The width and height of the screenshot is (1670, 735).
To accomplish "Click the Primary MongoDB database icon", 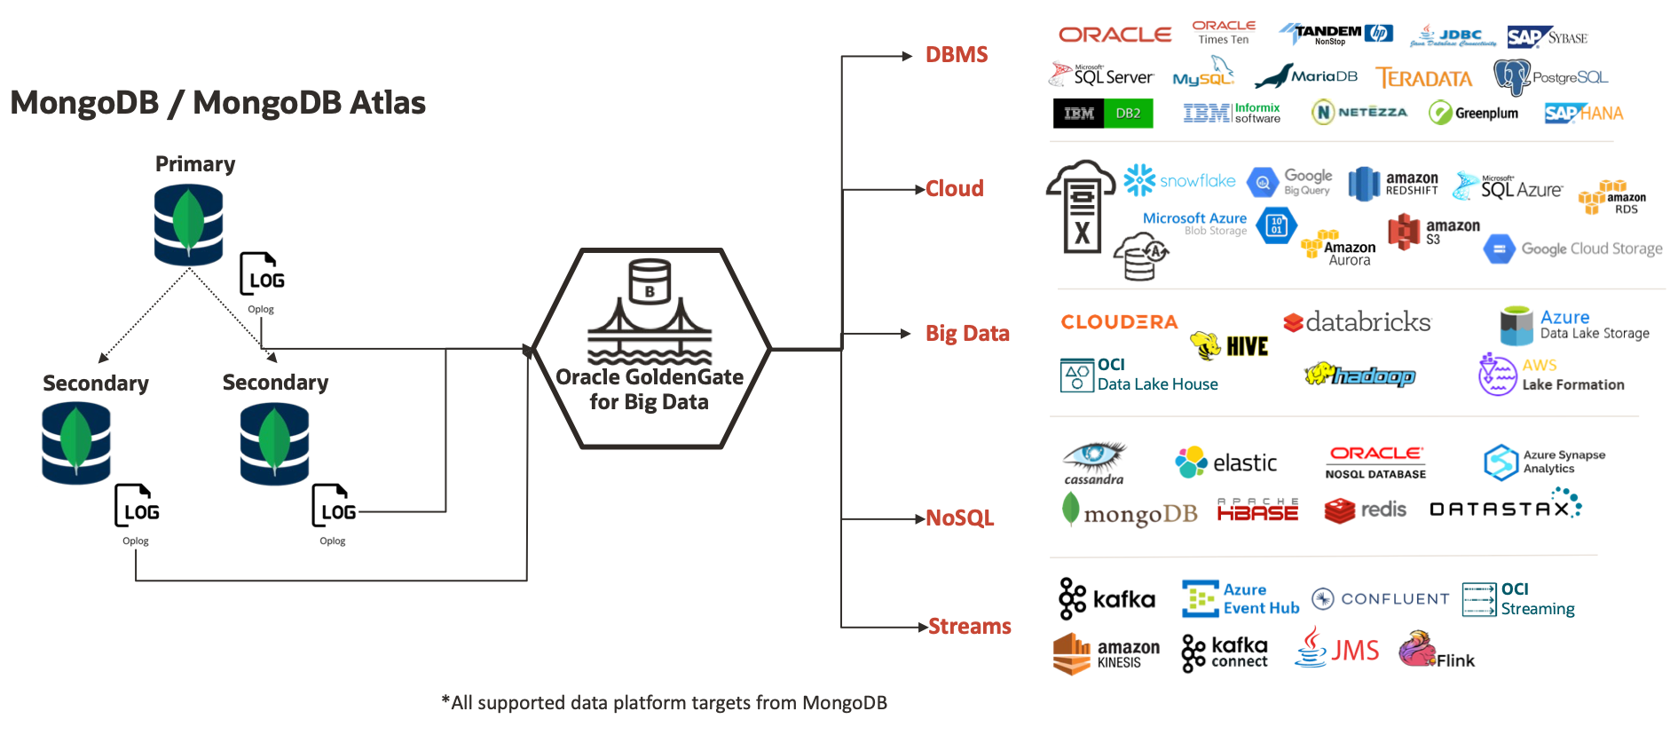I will coord(188,225).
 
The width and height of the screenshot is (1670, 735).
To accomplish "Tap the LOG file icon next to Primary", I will coord(262,274).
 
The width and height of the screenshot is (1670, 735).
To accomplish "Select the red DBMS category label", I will coord(956,55).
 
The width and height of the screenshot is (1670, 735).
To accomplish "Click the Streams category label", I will coord(969,627).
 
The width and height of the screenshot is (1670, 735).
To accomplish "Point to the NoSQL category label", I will coord(959,518).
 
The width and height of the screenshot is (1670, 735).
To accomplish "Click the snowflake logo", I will coord(1179,180).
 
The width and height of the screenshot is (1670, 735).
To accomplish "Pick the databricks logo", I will coord(1357,322).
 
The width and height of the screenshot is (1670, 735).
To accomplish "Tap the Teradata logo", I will coord(1423,78).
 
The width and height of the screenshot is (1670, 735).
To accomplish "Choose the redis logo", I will coord(1365,510).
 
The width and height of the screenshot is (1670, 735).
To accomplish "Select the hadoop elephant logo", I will coord(1359,375).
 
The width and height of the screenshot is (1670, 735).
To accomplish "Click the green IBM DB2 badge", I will coord(1103,114).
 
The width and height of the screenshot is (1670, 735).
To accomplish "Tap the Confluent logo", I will coord(1380,599).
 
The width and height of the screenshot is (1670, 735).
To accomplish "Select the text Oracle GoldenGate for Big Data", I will coord(650,390).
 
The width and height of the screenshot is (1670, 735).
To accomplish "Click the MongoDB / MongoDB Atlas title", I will coord(217,103).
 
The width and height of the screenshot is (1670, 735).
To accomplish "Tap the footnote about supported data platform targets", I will coord(664,703).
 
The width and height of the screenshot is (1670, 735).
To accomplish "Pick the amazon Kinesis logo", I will coord(1106,654).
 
